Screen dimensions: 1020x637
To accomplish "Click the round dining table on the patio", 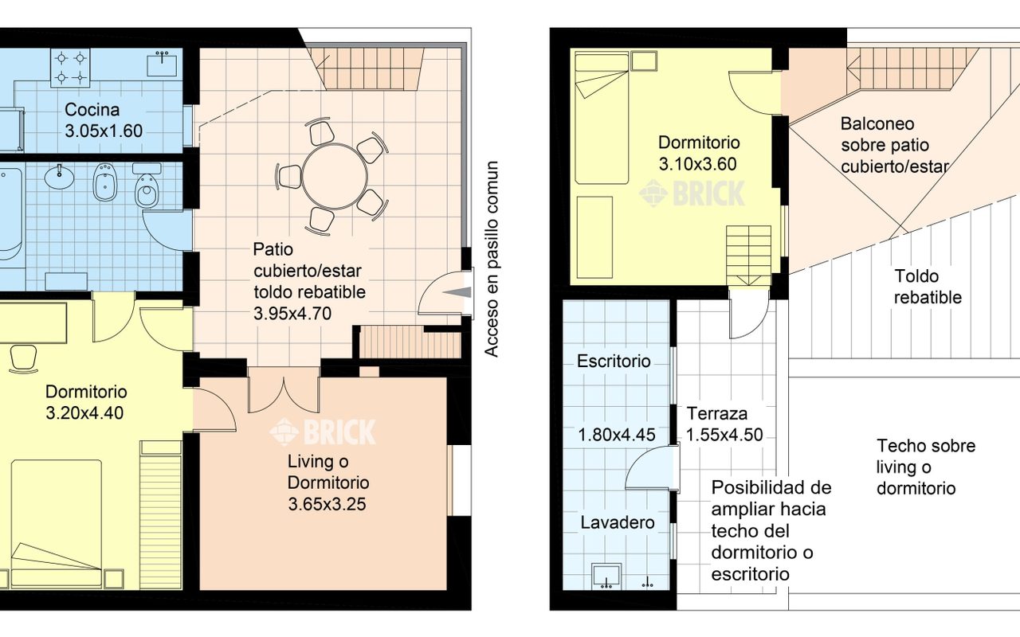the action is [335, 177].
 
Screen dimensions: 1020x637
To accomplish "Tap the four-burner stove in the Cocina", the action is [70, 68].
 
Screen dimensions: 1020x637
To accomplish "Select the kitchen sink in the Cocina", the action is [162, 63].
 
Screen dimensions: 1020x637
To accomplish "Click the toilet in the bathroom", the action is [147, 186].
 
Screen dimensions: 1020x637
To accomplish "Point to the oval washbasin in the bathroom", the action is [59, 177].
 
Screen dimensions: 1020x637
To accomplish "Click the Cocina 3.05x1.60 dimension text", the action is [104, 131].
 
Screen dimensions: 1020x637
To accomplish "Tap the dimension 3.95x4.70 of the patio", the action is [292, 314].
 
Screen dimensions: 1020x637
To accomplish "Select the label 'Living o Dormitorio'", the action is [328, 472].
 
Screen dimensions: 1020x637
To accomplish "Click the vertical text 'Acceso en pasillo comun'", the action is [492, 259].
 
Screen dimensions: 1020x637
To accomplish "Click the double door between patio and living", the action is [283, 389].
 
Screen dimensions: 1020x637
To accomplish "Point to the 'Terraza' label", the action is [716, 413].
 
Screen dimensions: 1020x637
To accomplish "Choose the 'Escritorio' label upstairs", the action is [614, 361].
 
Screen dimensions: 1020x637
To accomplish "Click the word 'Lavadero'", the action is [618, 522].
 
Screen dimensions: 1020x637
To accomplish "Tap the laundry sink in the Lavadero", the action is [607, 576].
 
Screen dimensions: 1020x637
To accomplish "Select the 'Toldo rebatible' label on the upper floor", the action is [928, 287].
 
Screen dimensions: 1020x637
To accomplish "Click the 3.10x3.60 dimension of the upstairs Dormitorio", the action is [697, 164].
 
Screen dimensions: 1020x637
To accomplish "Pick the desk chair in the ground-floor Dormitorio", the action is [23, 358].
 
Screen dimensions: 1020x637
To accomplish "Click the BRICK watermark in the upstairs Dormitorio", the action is [692, 193].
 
